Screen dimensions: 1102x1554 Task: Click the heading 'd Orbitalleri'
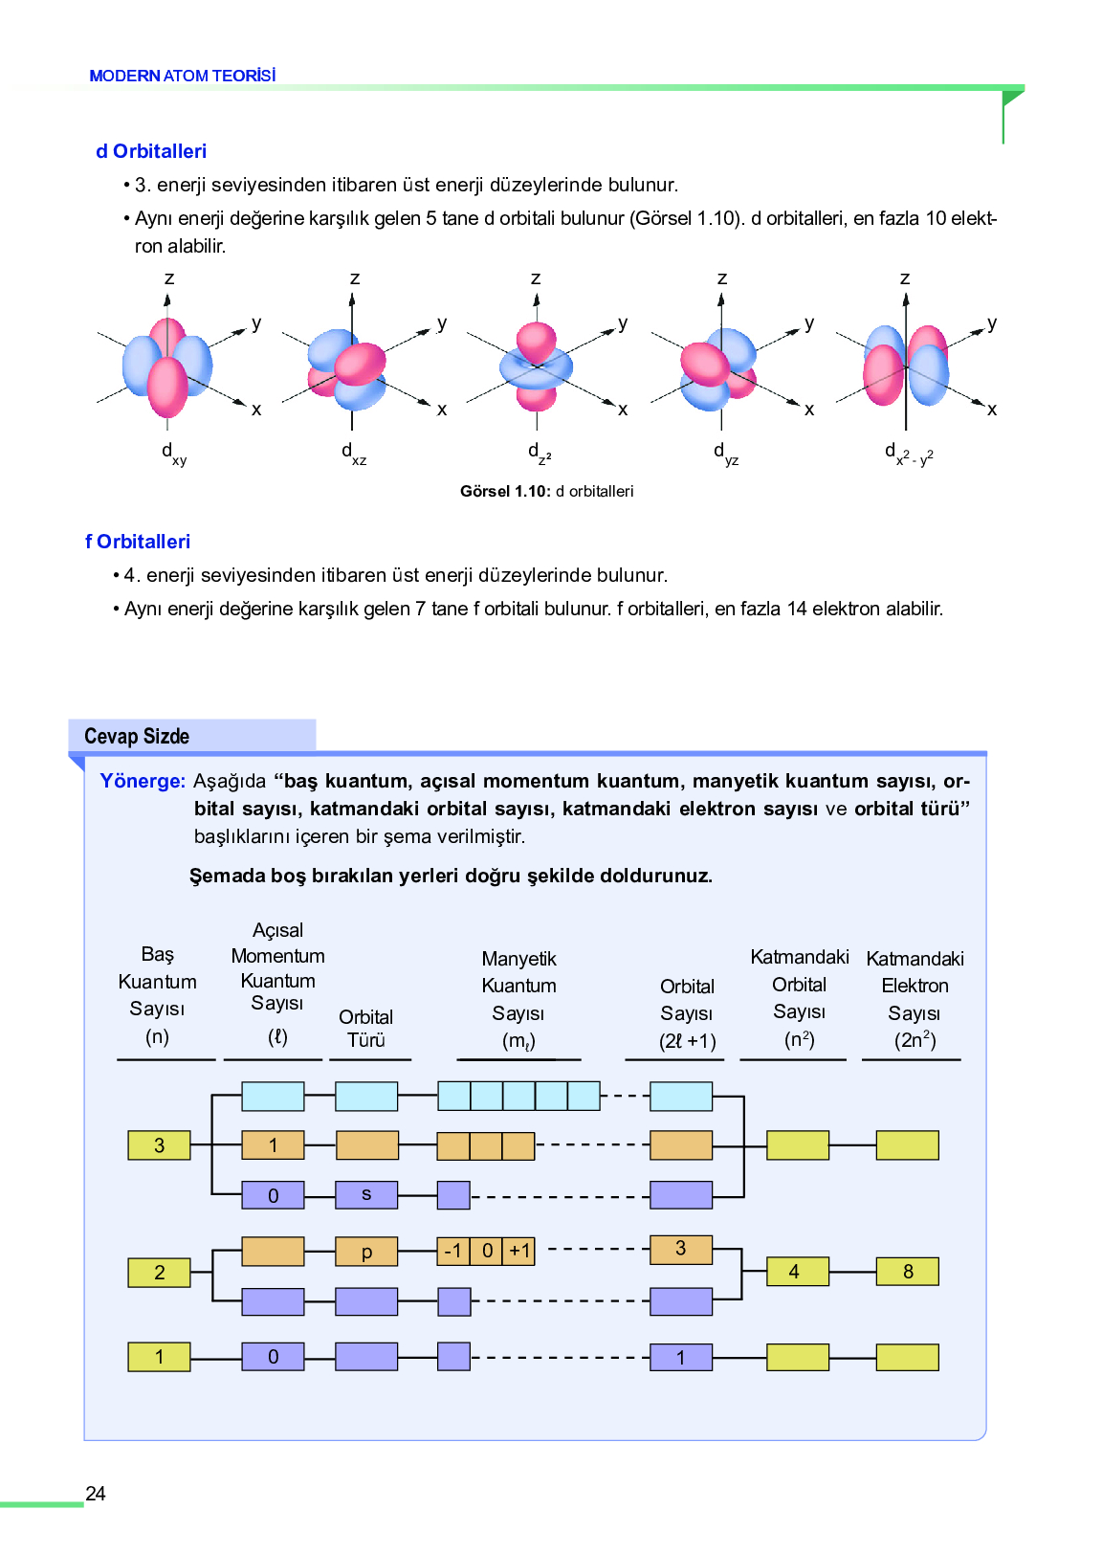click(x=151, y=151)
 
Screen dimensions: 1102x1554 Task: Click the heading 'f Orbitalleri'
click(x=138, y=542)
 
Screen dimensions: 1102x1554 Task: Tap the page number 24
click(x=95, y=1493)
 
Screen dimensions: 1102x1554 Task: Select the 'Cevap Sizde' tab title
click(x=137, y=736)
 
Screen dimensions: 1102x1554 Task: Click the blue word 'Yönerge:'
click(x=143, y=781)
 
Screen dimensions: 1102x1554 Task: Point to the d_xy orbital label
click(x=174, y=455)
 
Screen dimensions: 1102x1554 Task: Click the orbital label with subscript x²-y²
click(x=909, y=455)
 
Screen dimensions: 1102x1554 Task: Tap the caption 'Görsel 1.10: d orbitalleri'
click(x=546, y=491)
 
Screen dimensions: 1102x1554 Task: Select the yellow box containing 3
click(x=159, y=1145)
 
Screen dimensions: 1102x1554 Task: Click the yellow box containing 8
click(x=907, y=1272)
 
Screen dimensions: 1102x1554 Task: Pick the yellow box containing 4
click(x=798, y=1272)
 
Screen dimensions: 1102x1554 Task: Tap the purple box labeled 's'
click(x=366, y=1194)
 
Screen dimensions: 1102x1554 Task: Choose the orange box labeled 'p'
click(x=366, y=1252)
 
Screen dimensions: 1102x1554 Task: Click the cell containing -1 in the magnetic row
click(x=453, y=1252)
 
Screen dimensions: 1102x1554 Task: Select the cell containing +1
click(x=518, y=1252)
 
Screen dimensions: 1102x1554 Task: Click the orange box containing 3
click(x=681, y=1250)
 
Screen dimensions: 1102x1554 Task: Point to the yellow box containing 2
click(x=159, y=1273)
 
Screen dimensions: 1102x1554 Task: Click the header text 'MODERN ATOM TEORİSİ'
click(x=183, y=76)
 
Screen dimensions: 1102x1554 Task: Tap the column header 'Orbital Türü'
click(x=366, y=1028)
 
